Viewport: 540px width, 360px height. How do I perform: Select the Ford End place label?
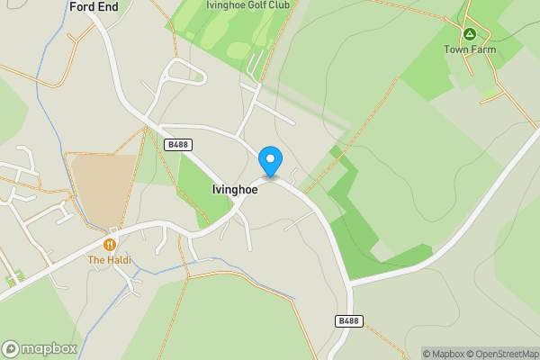pos(94,6)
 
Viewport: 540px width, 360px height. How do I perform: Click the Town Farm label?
pos(469,50)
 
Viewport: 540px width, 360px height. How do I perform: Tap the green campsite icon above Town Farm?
pos(469,33)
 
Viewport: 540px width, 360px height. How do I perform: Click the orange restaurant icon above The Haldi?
pos(110,244)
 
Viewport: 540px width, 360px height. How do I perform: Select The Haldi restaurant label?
pos(109,260)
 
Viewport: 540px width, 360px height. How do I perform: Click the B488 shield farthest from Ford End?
pos(349,321)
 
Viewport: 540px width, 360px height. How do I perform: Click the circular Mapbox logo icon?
pos(12,348)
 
